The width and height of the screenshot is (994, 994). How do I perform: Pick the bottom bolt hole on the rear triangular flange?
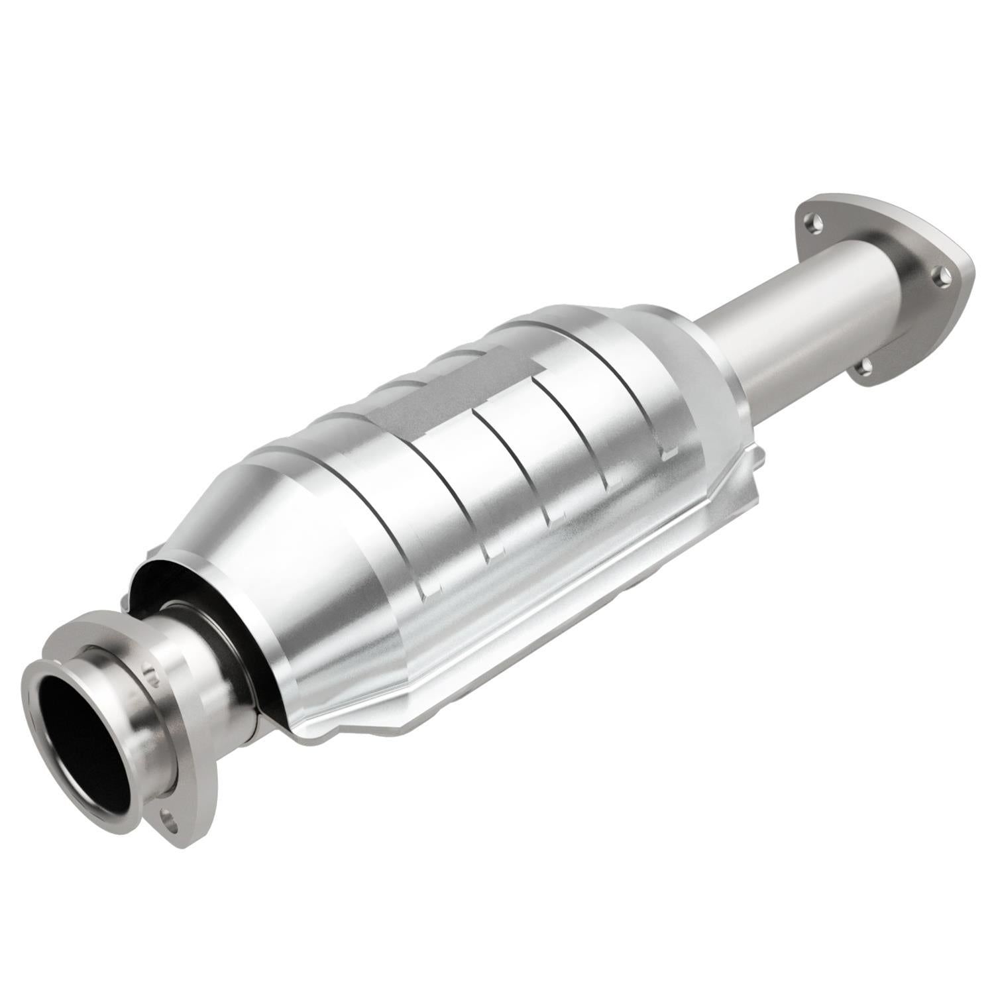click(863, 365)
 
